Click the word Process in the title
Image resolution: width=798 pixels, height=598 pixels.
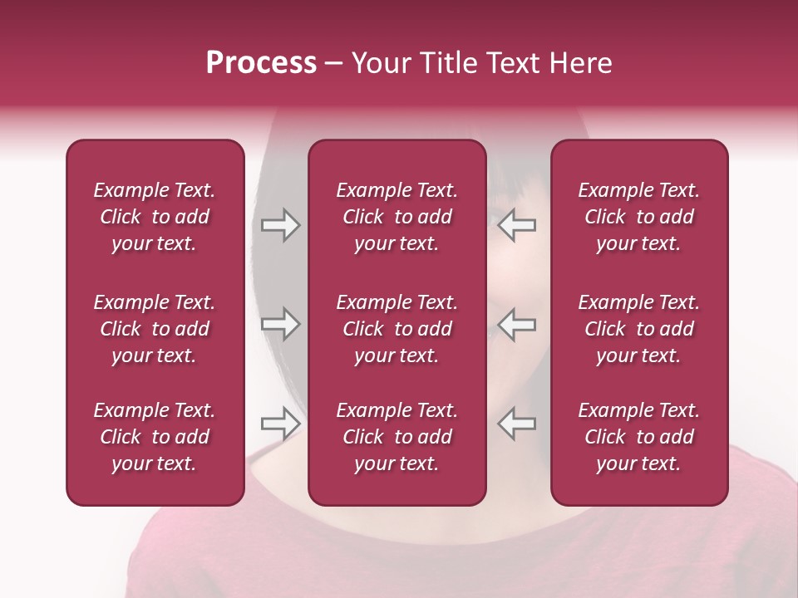(x=261, y=63)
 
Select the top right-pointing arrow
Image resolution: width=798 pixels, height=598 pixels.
(x=280, y=225)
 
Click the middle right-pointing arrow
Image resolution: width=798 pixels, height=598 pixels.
(x=280, y=324)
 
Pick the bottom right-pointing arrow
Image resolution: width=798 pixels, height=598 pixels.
(x=280, y=424)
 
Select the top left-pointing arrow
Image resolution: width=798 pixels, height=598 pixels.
(x=517, y=225)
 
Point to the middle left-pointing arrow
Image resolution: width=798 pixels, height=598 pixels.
(x=517, y=324)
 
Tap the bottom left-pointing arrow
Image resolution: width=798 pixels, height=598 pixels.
(x=517, y=424)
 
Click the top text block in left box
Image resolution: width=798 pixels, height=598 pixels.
(x=155, y=217)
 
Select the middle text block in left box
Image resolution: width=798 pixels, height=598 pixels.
(x=155, y=329)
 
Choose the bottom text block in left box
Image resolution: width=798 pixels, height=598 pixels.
(x=155, y=437)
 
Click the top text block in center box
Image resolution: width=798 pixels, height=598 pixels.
(x=397, y=217)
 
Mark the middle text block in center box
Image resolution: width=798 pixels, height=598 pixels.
(x=397, y=329)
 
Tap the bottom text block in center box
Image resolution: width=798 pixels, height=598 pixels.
(x=397, y=437)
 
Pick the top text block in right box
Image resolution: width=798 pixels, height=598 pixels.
(x=639, y=217)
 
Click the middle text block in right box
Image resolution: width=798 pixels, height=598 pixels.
(x=639, y=329)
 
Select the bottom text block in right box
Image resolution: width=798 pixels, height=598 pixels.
(x=639, y=437)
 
